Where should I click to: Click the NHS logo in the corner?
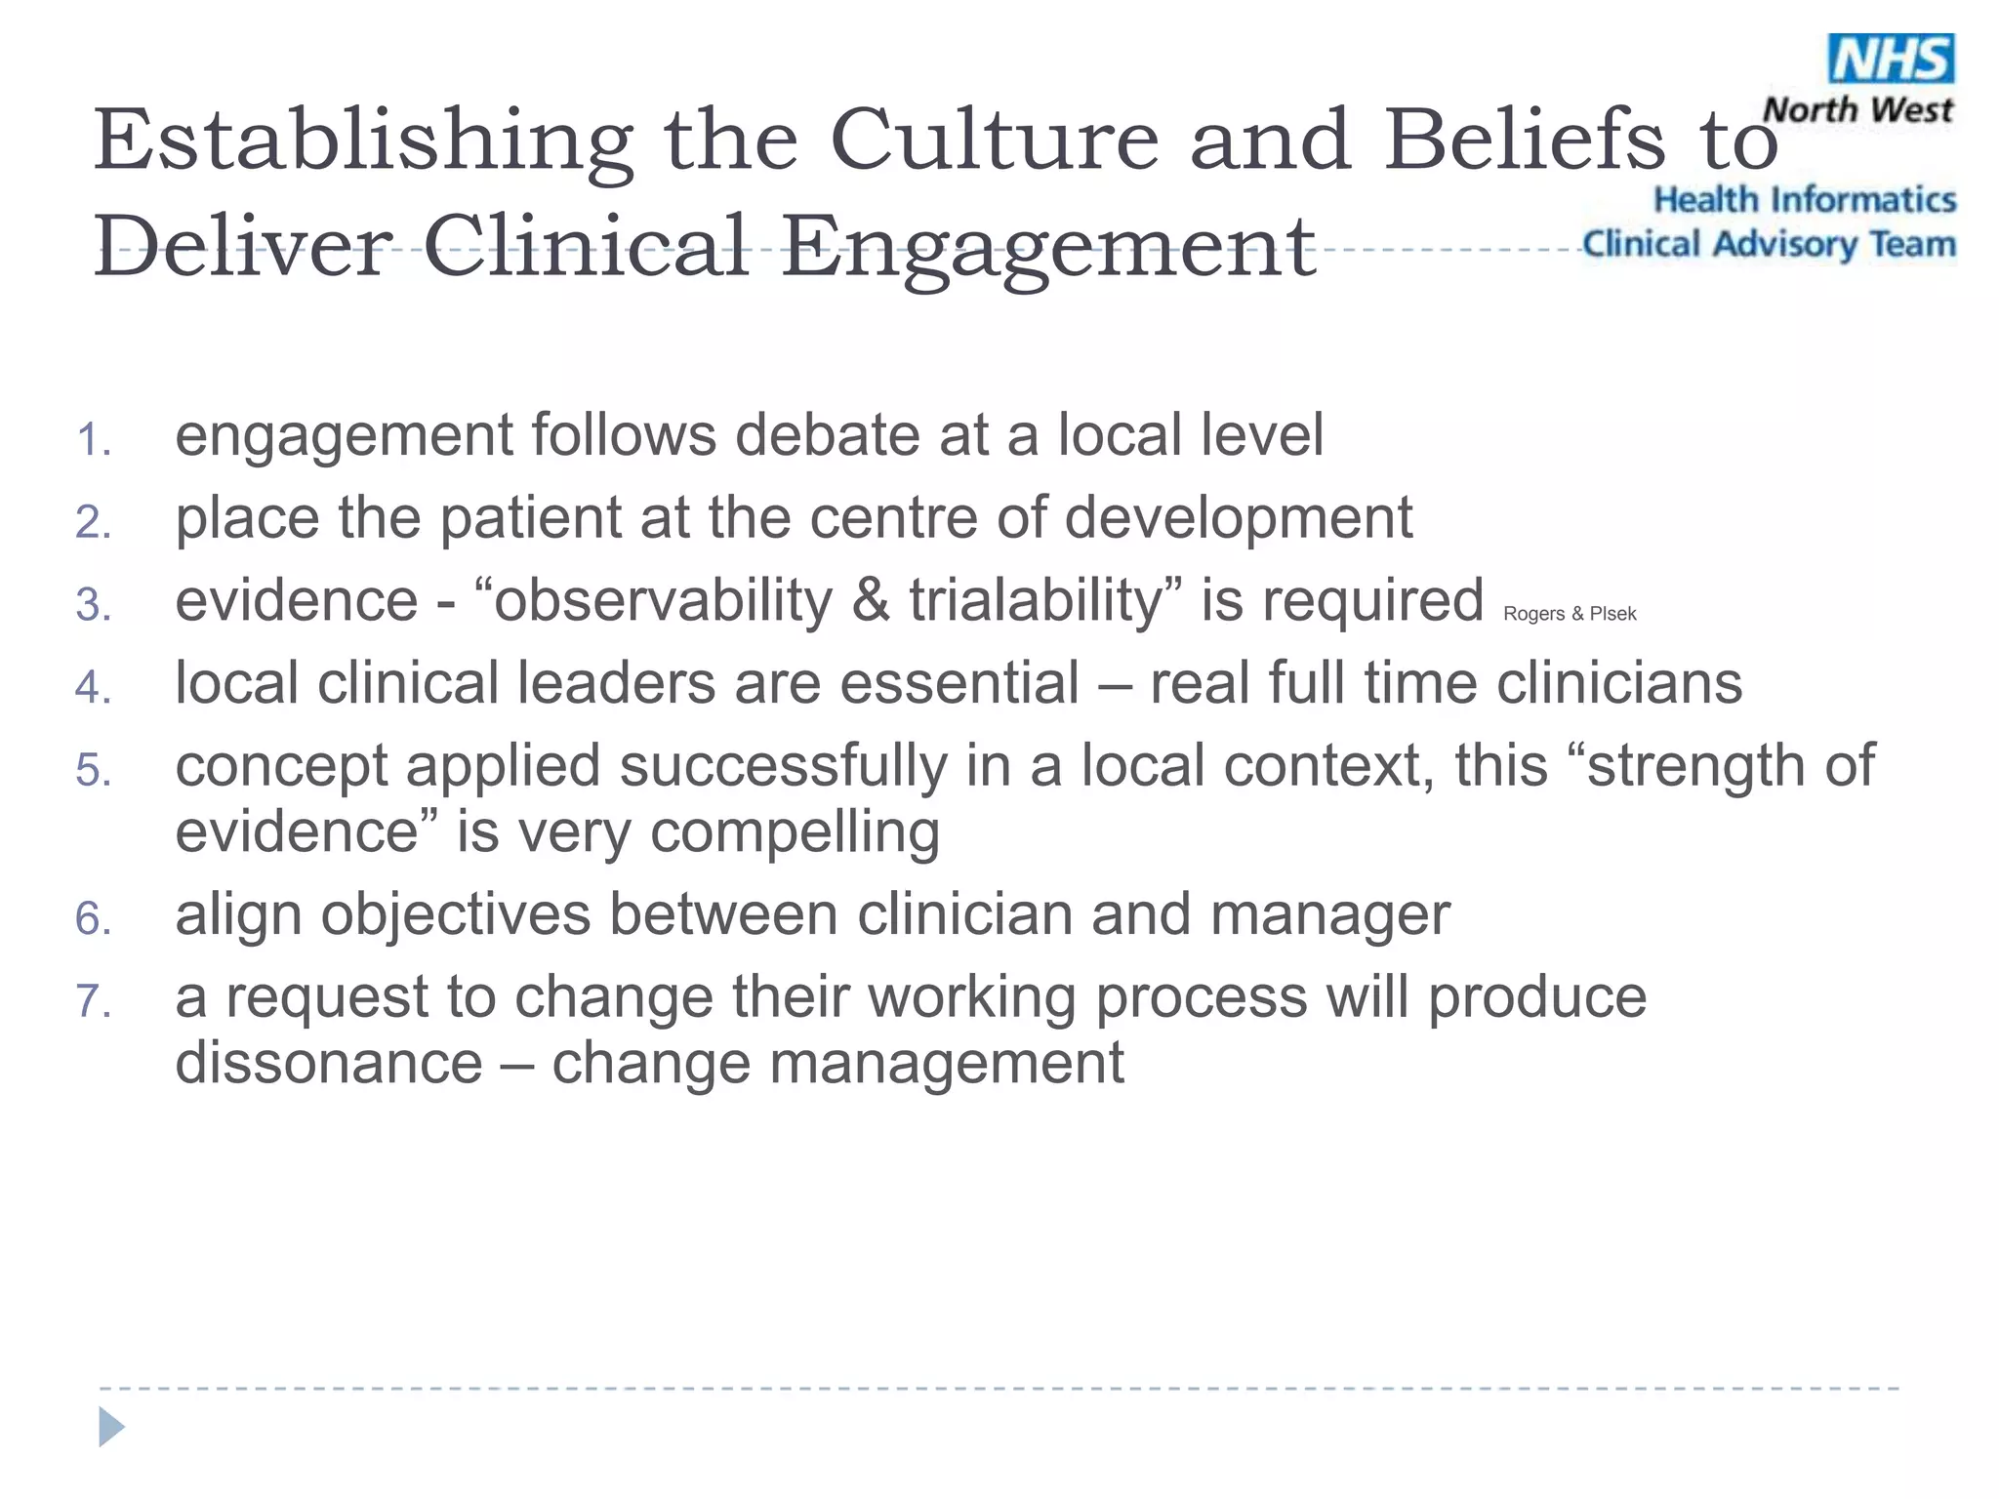pos(1891,59)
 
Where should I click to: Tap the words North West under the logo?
pos(1857,110)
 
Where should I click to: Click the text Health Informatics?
pos(1804,200)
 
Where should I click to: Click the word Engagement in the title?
pos(1048,248)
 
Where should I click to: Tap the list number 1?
pos(93,440)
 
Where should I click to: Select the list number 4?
pos(93,688)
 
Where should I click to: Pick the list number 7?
pos(93,1002)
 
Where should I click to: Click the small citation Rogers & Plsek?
pos(1570,614)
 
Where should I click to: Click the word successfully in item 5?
pos(783,766)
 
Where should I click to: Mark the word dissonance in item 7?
pos(329,1063)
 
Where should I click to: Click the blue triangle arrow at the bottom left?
pos(111,1428)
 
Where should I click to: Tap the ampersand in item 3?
pos(870,601)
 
